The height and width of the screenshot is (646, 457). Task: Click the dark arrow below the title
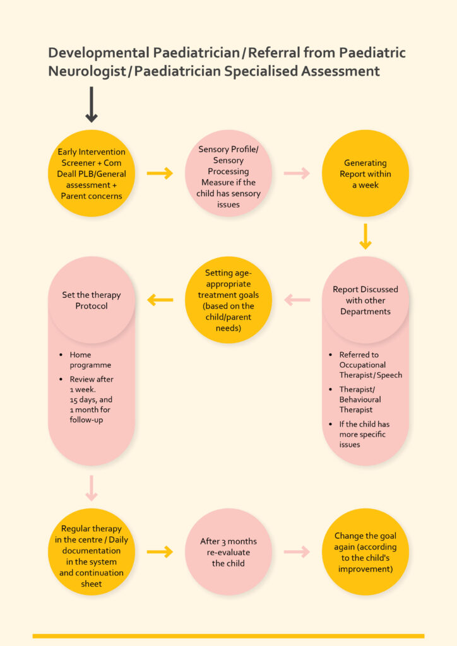[92, 105]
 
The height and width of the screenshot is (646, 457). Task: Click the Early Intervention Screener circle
[92, 173]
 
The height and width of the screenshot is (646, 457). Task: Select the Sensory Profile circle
[228, 173]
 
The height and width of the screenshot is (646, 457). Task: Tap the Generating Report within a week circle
[365, 173]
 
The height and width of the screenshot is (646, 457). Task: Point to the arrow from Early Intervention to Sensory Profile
[160, 173]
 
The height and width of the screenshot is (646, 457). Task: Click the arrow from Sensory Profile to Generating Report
[297, 173]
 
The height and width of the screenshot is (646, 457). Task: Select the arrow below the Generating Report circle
[365, 236]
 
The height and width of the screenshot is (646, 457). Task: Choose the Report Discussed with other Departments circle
[365, 300]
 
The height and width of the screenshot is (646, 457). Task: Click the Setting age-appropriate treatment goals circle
[228, 300]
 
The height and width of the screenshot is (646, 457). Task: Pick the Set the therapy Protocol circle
[92, 300]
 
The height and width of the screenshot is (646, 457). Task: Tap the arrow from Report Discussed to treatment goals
[297, 300]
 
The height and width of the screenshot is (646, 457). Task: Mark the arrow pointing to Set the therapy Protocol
[160, 300]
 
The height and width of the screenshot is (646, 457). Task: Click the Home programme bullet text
[90, 360]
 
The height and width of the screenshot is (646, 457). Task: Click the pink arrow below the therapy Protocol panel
[92, 488]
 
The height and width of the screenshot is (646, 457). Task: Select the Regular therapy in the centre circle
[92, 551]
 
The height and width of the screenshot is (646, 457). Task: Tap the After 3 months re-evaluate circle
[228, 551]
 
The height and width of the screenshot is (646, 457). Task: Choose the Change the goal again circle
[365, 551]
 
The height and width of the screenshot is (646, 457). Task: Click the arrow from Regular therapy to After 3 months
[160, 551]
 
